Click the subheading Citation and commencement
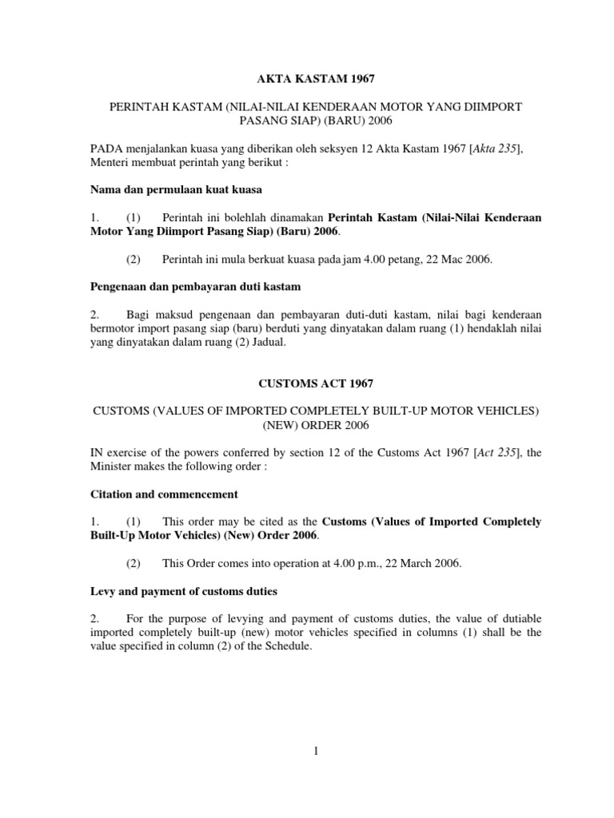pyautogui.click(x=164, y=494)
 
